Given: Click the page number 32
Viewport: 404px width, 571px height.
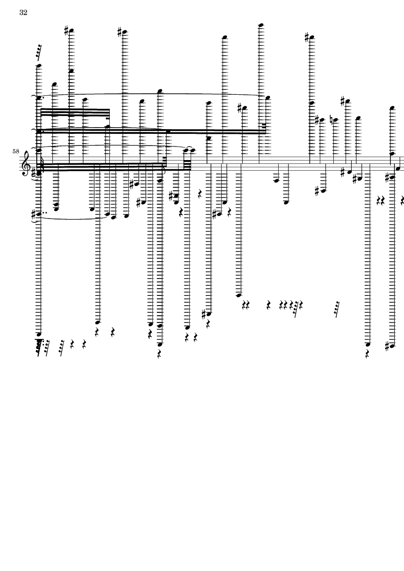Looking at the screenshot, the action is point(23,13).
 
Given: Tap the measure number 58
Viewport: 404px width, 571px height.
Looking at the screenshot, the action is point(15,151).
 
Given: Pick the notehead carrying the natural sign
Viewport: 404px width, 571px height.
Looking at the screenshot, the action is point(335,120).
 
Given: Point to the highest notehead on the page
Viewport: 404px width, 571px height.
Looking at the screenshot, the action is point(261,26).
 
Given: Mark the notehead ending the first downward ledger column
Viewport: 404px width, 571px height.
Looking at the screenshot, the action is point(39,334).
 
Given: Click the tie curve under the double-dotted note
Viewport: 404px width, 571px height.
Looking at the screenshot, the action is point(73,218).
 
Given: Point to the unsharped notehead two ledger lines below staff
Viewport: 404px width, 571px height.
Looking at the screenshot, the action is point(276,180).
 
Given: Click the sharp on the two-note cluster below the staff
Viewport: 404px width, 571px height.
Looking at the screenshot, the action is point(171,196).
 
